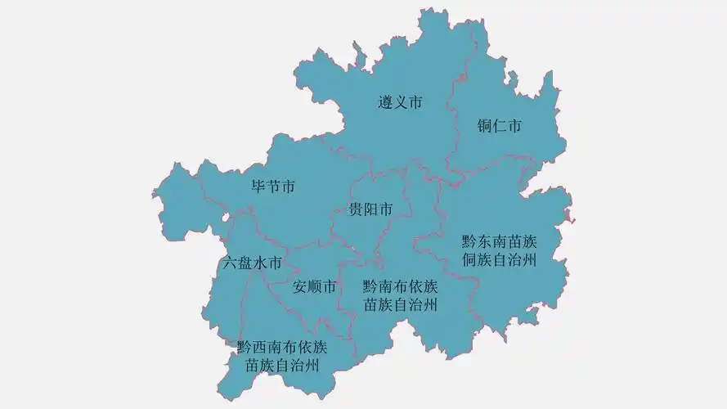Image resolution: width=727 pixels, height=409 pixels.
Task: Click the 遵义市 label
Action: pos(400,103)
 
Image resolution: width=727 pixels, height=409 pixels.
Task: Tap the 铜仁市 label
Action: pos(500,126)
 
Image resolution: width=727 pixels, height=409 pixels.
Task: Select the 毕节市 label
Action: pos(273,187)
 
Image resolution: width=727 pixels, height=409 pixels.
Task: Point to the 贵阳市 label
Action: pos(370,209)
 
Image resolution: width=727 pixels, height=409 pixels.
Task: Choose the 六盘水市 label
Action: pos(252,263)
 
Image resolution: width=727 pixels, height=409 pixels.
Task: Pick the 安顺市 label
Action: pos(314,287)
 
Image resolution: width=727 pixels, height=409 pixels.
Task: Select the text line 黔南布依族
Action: pos(400,287)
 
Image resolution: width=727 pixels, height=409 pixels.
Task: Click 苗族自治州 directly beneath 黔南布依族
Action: pos(400,306)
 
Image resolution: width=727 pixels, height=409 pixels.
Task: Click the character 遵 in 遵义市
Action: pos(385,103)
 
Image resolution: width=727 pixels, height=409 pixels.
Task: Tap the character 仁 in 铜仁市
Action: pos(500,126)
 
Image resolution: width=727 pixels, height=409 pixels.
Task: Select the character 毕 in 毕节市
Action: pos(258,187)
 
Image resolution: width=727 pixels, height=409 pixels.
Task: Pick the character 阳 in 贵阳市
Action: pos(370,209)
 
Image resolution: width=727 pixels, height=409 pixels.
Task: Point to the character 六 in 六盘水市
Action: pos(230,263)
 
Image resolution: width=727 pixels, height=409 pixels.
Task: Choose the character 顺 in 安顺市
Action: pos(314,287)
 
